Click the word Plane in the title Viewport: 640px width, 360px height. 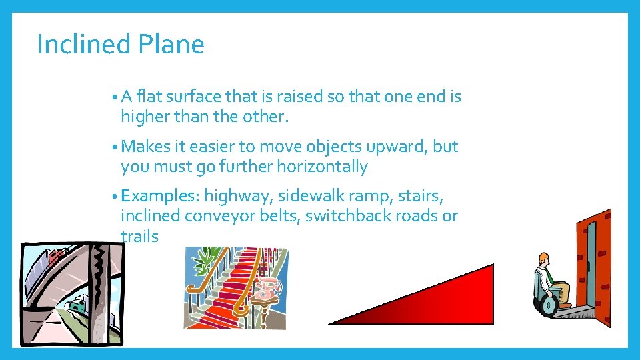(x=171, y=45)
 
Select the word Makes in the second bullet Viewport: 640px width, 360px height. (x=147, y=146)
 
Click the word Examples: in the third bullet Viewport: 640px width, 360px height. (x=161, y=196)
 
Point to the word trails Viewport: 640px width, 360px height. (x=139, y=236)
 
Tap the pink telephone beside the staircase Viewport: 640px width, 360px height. (x=267, y=289)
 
